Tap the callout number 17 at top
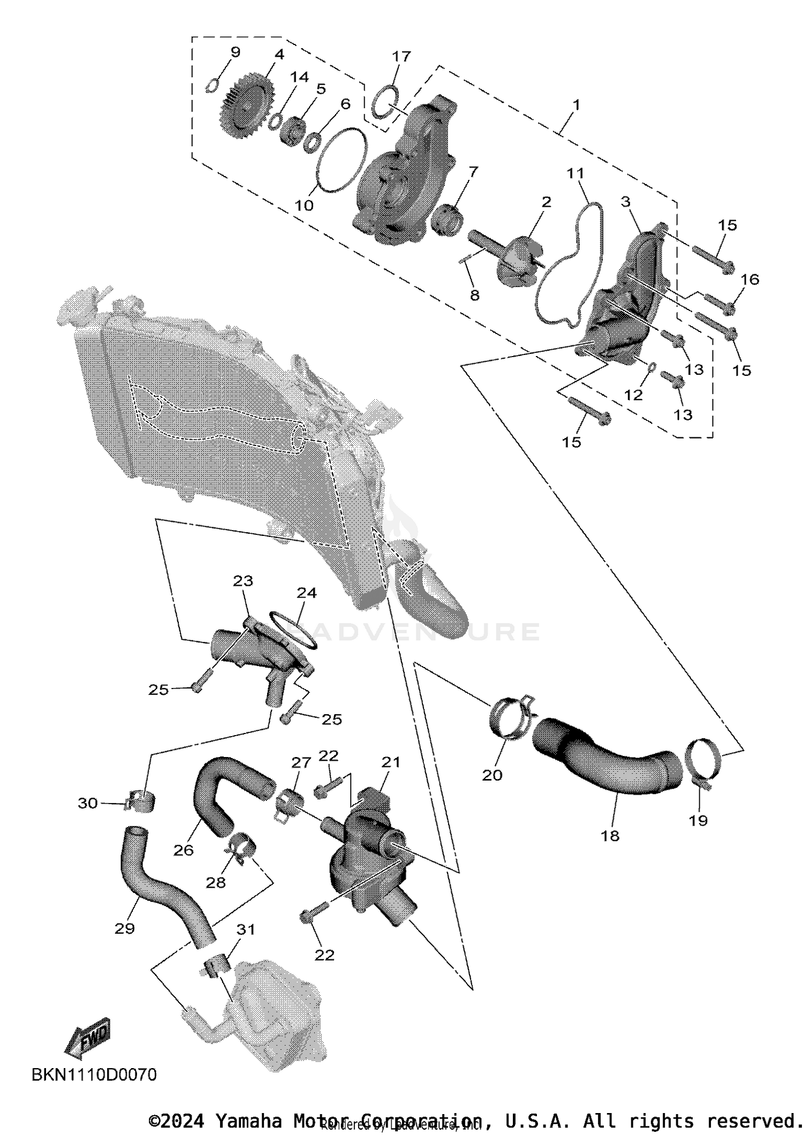pyautogui.click(x=401, y=57)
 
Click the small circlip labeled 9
pyautogui.click(x=212, y=85)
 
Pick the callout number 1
pyautogui.click(x=576, y=104)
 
